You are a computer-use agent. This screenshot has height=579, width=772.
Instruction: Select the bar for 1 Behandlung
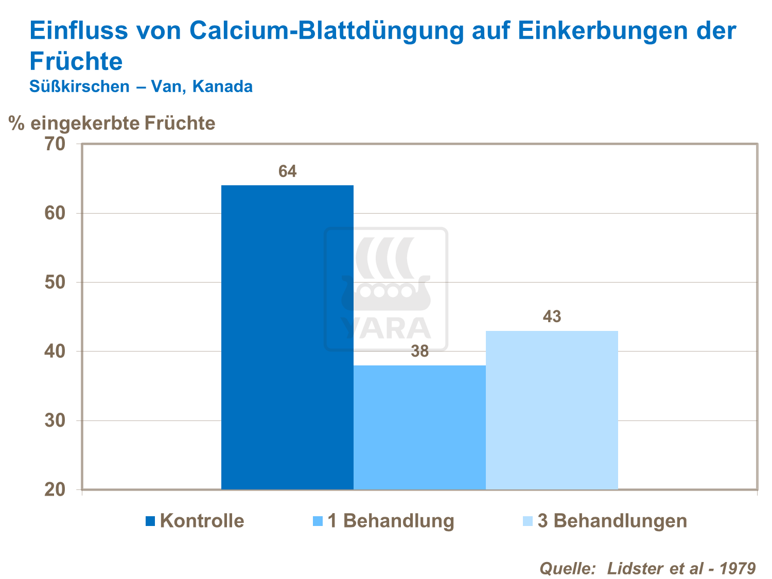[419, 427]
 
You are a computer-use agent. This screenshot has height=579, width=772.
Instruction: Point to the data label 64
[288, 171]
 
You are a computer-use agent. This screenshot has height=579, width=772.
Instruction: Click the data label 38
[419, 352]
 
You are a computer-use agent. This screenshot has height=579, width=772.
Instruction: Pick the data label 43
[552, 317]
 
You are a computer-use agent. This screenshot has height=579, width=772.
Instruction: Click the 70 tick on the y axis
[55, 144]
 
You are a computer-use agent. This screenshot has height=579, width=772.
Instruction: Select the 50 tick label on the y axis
[55, 283]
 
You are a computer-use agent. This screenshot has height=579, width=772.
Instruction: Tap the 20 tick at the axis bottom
[55, 489]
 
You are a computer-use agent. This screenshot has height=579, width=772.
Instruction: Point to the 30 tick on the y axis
[55, 420]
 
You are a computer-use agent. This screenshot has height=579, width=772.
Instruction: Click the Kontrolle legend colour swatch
[150, 521]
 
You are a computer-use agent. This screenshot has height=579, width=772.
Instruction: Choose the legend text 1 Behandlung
[391, 521]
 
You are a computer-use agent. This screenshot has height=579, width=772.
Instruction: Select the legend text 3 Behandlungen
[612, 521]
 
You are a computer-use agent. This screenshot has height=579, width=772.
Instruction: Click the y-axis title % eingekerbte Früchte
[112, 124]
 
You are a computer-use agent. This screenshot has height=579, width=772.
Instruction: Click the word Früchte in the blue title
[76, 62]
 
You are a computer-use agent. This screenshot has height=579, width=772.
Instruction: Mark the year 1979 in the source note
[737, 568]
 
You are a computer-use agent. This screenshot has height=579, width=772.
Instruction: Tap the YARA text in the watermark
[386, 328]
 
